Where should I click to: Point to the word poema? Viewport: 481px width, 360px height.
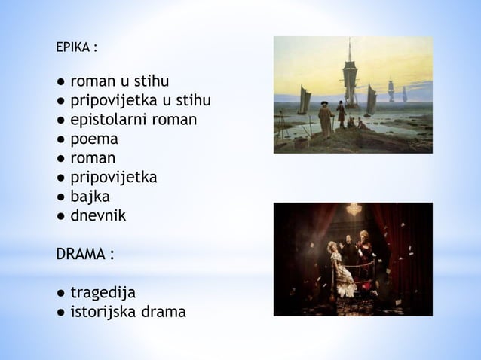pos(93,139)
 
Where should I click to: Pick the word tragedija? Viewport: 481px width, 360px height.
pos(103,291)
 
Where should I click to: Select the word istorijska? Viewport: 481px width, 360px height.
pos(106,311)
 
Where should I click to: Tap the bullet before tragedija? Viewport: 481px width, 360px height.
pos(60,292)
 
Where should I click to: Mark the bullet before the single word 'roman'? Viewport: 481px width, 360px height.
pos(60,159)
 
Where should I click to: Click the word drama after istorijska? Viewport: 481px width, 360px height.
pos(167,311)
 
